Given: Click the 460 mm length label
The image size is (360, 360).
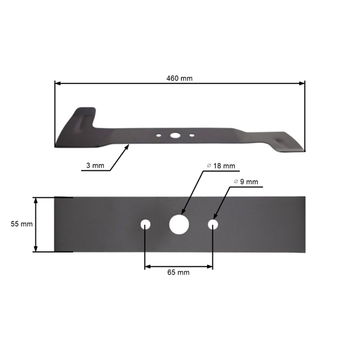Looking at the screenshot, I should (179, 78).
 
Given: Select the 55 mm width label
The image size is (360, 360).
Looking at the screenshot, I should (21, 224).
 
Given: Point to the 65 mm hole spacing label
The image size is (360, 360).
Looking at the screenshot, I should (179, 272).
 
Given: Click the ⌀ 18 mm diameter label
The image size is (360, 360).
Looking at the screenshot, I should (221, 166).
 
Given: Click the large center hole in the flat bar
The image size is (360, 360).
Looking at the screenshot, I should (179, 224).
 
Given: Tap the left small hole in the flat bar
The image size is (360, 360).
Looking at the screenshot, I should (145, 224).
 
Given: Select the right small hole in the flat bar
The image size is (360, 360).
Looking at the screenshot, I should (212, 224).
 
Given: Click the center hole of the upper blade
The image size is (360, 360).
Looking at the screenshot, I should (175, 136).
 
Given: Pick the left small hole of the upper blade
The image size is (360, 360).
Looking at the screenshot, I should (158, 136).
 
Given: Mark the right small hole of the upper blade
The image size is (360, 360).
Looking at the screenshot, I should (192, 136).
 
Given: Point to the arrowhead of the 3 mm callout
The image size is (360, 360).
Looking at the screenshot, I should (128, 145).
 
